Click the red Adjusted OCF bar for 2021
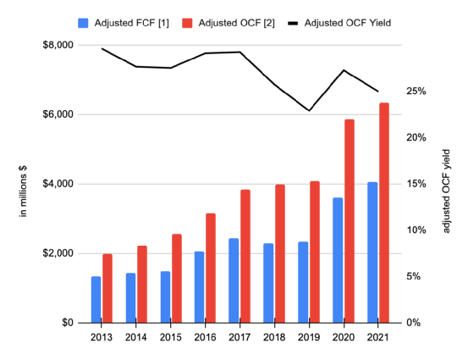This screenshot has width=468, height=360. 384,213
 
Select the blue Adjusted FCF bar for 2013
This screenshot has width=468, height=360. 96,300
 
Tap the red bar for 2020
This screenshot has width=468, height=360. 350,221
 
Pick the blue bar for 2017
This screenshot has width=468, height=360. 234,280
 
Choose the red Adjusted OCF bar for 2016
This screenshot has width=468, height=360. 211,268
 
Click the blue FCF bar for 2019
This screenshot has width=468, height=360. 303,282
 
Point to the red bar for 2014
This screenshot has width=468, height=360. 142,284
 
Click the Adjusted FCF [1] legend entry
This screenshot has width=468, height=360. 124,23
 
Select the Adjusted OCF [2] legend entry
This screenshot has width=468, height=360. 228,23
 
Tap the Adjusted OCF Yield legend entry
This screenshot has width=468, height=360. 339,23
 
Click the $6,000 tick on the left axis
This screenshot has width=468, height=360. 58,114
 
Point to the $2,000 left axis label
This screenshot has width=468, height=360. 58,253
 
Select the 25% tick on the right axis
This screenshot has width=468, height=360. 416,91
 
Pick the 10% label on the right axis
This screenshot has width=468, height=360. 416,230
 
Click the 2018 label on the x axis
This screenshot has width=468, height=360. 274,337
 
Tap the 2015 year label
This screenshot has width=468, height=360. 170,337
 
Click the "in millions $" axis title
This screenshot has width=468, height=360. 23,191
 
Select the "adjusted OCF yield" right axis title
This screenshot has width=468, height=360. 446,191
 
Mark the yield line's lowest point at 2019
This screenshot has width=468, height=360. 309,110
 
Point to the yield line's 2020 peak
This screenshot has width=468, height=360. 344,70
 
